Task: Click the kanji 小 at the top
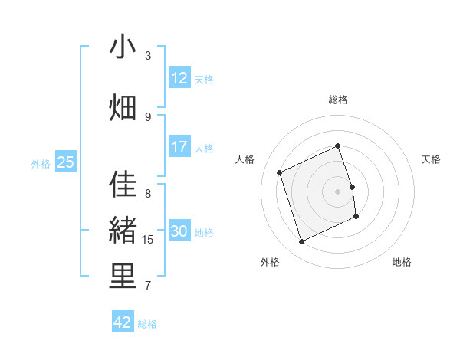click(123, 47)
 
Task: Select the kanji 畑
click(123, 107)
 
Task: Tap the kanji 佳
click(123, 185)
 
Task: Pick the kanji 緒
click(123, 230)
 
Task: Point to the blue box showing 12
click(179, 78)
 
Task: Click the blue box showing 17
click(179, 147)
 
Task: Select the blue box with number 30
click(179, 231)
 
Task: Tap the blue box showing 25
click(65, 162)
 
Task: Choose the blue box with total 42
click(123, 322)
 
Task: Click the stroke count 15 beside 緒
click(148, 240)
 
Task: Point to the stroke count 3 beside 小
click(148, 56)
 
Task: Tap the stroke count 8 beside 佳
click(148, 194)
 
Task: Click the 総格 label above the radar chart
click(338, 100)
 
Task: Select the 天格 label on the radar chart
click(431, 159)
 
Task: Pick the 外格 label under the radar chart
click(270, 262)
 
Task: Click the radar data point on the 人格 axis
click(281, 172)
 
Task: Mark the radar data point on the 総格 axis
click(338, 146)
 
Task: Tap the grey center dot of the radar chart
click(338, 191)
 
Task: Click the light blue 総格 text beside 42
click(147, 324)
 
